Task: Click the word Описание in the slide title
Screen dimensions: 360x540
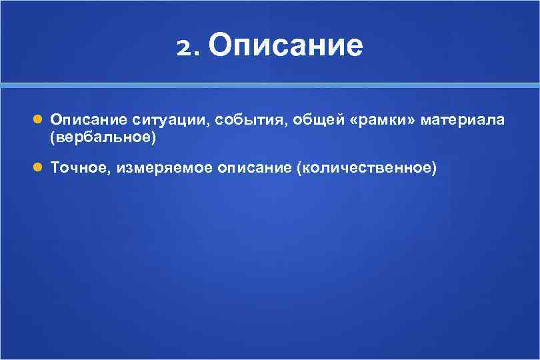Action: pos(286,46)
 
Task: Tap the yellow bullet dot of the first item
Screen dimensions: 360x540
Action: pos(38,120)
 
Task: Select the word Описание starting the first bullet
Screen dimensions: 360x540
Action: pos(89,120)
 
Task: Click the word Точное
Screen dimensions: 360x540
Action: pos(79,168)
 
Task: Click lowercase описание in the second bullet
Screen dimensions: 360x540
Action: pos(253,168)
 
